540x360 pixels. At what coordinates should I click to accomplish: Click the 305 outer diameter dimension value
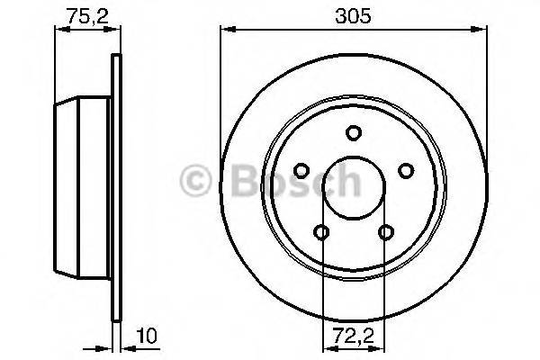pyautogui.click(x=354, y=15)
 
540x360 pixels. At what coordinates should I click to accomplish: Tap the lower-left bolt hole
pyautogui.click(x=322, y=233)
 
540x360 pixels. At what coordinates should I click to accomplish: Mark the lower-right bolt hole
pyautogui.click(x=386, y=233)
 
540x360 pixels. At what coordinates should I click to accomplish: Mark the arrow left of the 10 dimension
pyautogui.click(x=103, y=346)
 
